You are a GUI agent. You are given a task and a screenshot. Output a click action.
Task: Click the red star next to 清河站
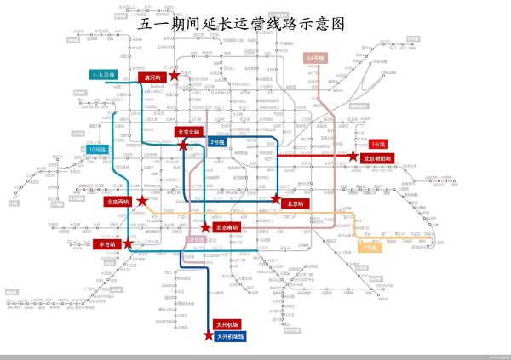tap(175, 76)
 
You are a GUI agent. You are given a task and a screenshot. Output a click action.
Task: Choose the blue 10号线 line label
tap(98, 150)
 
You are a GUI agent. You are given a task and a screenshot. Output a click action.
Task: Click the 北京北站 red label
tap(190, 132)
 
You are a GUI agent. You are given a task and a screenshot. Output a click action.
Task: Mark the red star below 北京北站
tap(183, 146)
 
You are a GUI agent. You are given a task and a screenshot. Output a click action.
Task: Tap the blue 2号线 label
tap(217, 141)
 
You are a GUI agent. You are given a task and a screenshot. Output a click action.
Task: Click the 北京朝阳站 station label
tap(378, 157)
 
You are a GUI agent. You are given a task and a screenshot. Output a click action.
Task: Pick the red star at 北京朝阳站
tap(352, 157)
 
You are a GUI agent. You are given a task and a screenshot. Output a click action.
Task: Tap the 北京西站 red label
tap(118, 202)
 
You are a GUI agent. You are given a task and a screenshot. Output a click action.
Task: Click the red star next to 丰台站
tap(128, 243)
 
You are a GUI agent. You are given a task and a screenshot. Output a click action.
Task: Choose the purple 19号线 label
tap(195, 240)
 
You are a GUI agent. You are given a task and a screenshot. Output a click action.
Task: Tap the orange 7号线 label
tap(370, 248)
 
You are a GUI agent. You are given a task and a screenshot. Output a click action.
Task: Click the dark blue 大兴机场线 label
tap(230, 337)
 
